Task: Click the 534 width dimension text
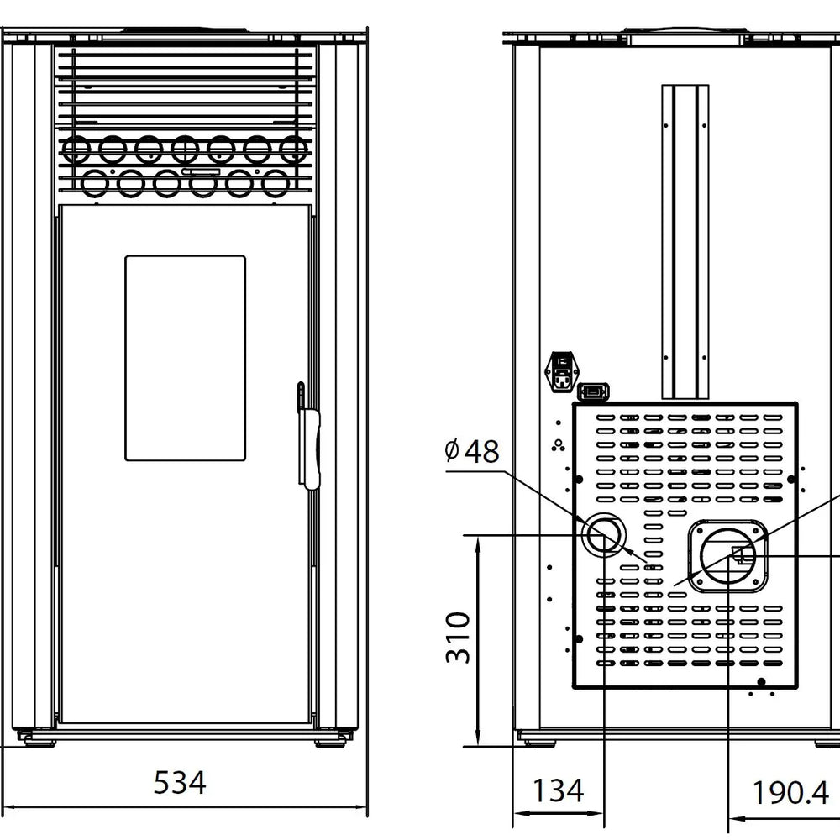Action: pyautogui.click(x=180, y=783)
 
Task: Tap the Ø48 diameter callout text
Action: pyautogui.click(x=472, y=451)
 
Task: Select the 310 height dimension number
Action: pyautogui.click(x=458, y=638)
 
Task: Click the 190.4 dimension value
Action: pyautogui.click(x=790, y=791)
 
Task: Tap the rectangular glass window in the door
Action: pyautogui.click(x=186, y=358)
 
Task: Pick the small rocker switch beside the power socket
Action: pyautogui.click(x=594, y=391)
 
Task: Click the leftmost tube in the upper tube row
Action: pyautogui.click(x=76, y=150)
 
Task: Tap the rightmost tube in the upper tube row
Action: pyautogui.click(x=293, y=150)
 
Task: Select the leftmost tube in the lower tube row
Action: pyautogui.click(x=95, y=181)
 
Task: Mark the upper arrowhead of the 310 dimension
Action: pyautogui.click(x=477, y=543)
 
